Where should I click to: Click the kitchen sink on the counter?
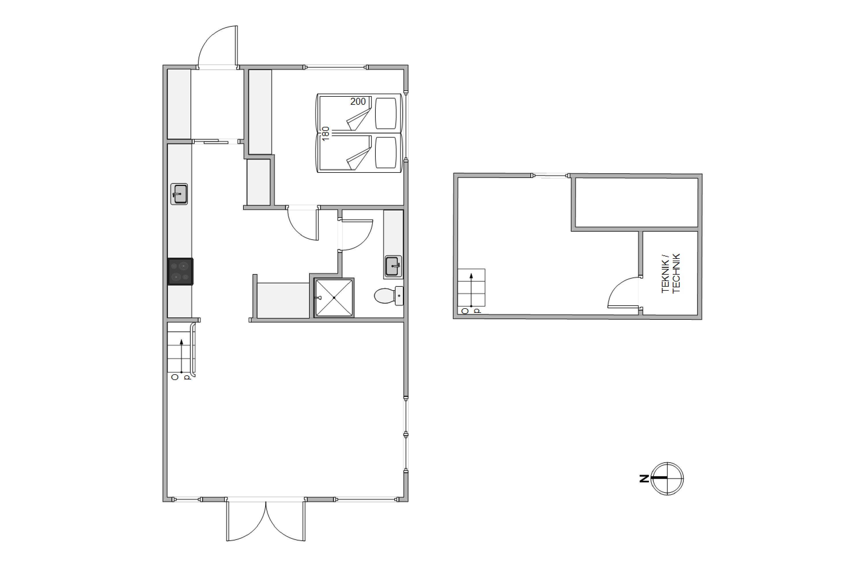179,194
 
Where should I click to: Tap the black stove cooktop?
181,271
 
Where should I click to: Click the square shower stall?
334,298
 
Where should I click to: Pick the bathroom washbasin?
393,267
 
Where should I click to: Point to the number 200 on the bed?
358,101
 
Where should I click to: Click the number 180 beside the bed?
325,134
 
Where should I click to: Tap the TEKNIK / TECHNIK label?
671,273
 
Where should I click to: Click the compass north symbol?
667,478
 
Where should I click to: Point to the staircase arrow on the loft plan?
471,290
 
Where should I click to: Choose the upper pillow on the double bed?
386,113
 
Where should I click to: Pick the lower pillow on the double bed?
386,153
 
